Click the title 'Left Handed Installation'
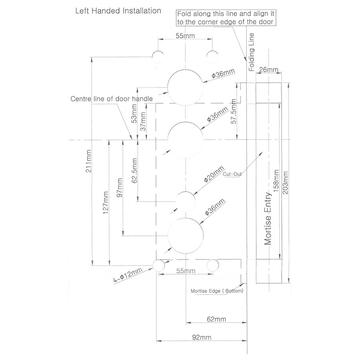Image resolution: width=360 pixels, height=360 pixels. [x=98, y=13]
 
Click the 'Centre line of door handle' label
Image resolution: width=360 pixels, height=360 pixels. [x=80, y=99]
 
